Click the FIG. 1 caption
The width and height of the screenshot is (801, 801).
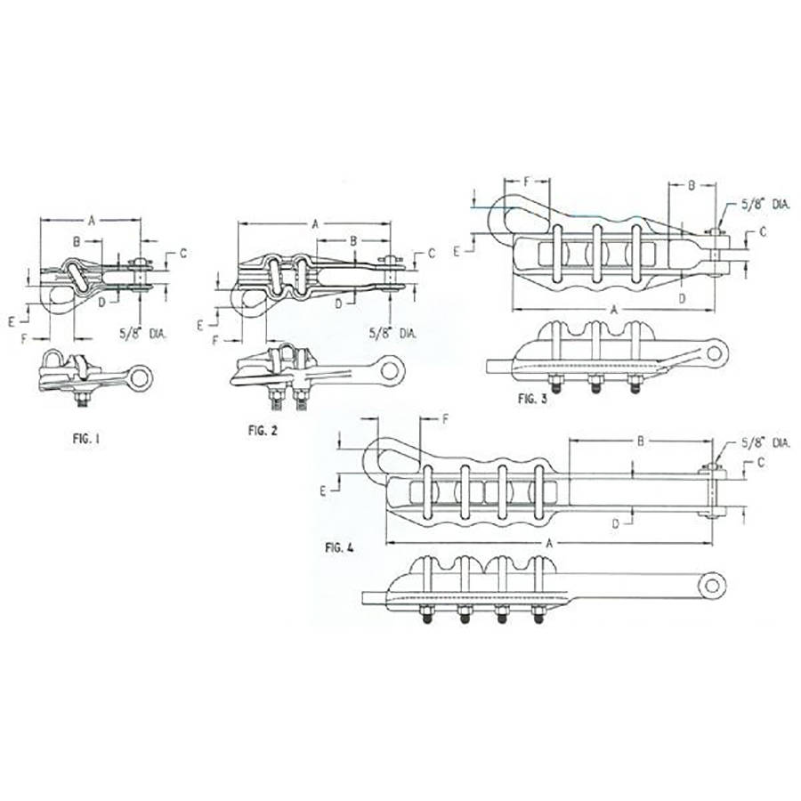coord(86,439)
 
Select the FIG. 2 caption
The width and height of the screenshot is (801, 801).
coord(263,431)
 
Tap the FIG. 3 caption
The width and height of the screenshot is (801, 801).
coord(532,399)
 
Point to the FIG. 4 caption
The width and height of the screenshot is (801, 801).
coord(339,547)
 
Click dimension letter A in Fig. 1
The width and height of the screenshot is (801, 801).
coord(92,220)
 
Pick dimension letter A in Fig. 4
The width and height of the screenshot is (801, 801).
coord(549,544)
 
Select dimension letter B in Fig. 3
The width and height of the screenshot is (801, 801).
coord(692,185)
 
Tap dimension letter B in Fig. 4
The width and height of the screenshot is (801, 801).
coord(641,441)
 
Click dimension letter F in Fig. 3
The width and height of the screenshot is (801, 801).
coord(528,181)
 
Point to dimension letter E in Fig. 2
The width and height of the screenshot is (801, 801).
coord(200,326)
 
